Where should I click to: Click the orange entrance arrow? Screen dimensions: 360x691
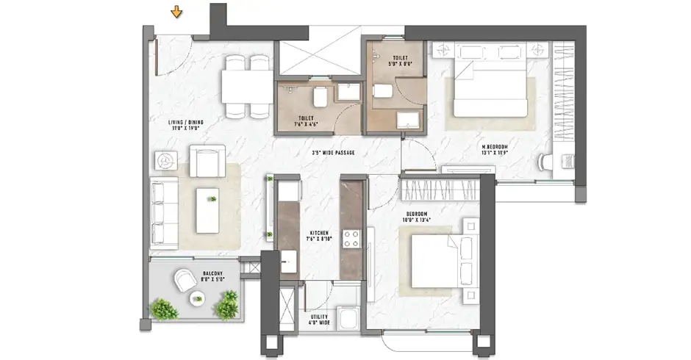pyautogui.click(x=176, y=12)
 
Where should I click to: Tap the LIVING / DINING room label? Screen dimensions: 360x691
pyautogui.click(x=185, y=126)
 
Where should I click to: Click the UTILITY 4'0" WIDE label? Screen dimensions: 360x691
pyautogui.click(x=318, y=320)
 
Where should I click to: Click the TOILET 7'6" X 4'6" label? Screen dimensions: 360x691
pyautogui.click(x=307, y=120)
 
